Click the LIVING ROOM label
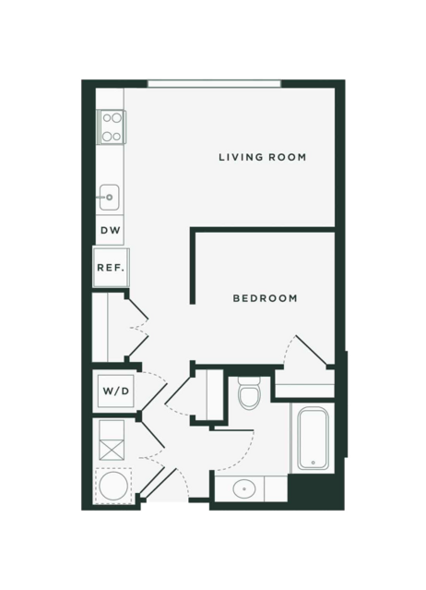coord(262,157)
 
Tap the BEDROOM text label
coord(265,298)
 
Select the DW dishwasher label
coord(111,230)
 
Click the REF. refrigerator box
coord(112,267)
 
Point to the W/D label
coord(115,391)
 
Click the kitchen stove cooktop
coord(112,126)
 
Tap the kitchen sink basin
coord(110,198)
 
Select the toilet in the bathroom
coord(250,393)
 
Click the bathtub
coord(313,438)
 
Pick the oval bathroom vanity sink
coord(244,489)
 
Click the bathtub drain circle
coord(313,463)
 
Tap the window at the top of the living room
coord(214,83)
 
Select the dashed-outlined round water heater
coord(113,486)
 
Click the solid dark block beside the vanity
coord(315,492)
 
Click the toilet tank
coord(250,380)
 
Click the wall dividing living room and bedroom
coord(262,230)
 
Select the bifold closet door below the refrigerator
coord(137,328)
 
